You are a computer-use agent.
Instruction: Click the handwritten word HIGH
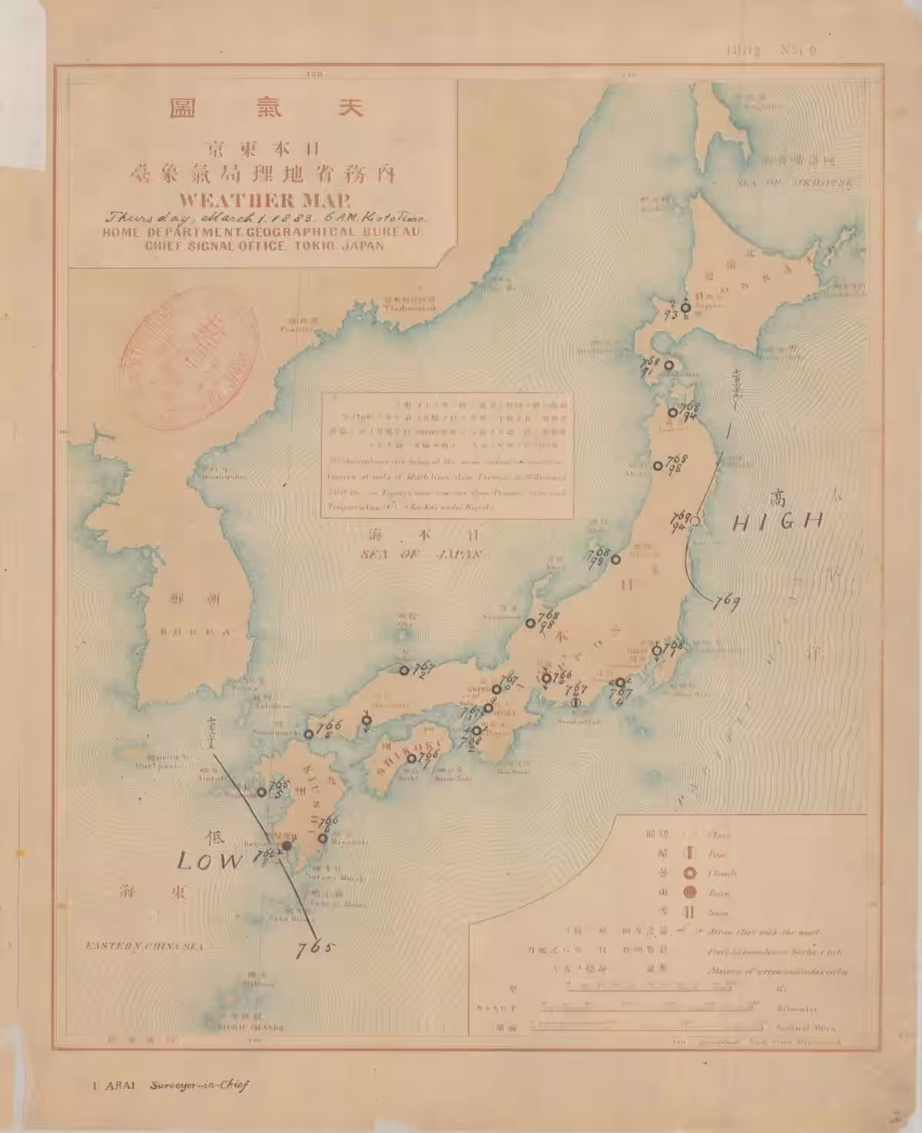777,522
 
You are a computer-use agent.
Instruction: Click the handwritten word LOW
208,861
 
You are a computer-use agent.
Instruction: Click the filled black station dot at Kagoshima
286,846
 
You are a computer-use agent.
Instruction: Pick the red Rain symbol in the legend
689,892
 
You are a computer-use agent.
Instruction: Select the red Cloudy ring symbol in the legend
689,873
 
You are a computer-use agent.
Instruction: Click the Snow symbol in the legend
689,912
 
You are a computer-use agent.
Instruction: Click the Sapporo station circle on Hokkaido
685,307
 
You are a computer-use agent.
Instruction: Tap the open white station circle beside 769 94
695,521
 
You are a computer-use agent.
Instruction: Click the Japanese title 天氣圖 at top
266,108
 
